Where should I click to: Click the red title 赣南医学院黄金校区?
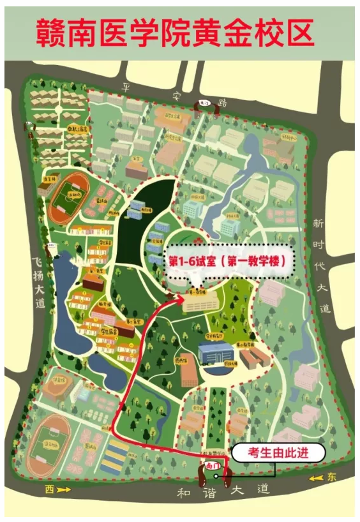(176, 31)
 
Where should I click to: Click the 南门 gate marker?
(213, 468)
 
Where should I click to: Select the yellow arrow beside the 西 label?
(63, 490)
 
